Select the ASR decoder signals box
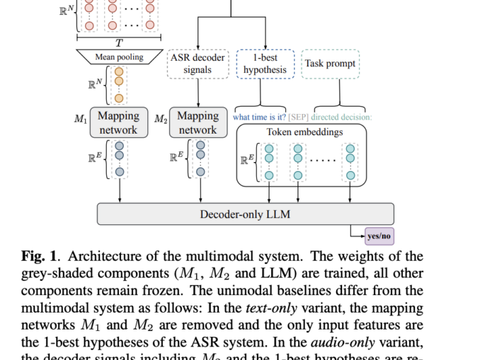tap(198, 64)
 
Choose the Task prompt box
tap(329, 64)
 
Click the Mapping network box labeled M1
tap(118, 122)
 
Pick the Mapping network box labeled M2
tap(198, 122)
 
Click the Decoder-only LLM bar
tap(245, 214)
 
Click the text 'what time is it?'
tap(260, 117)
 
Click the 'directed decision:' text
tap(342, 117)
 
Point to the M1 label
tap(81, 119)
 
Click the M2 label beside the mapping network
tap(161, 119)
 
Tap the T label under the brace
tap(118, 42)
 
